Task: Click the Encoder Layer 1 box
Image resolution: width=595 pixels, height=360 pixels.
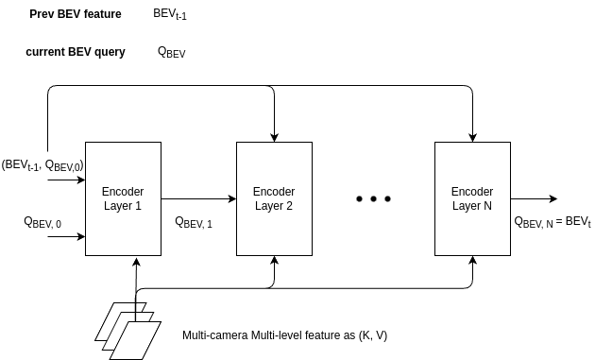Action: (x=123, y=227)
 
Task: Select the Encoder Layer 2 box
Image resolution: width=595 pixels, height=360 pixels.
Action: (x=274, y=227)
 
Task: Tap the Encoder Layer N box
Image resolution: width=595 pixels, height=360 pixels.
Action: (x=472, y=227)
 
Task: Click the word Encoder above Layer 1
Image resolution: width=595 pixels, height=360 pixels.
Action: (x=123, y=192)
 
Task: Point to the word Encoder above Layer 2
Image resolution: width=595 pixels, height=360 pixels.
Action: (x=274, y=192)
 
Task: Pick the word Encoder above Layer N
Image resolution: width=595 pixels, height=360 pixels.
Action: (x=472, y=192)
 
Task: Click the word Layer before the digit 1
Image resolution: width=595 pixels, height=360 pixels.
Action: (x=118, y=206)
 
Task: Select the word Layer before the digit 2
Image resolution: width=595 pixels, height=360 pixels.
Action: (x=269, y=206)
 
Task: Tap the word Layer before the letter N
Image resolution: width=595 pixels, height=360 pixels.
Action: (x=467, y=206)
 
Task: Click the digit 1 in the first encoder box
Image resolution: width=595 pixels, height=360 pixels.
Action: (x=138, y=206)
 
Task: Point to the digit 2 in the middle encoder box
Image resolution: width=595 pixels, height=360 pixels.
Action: (x=289, y=206)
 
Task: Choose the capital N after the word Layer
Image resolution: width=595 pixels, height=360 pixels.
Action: (x=487, y=206)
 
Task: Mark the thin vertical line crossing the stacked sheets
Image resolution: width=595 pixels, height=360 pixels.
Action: (x=136, y=307)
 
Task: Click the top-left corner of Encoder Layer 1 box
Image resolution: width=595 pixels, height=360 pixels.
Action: (x=87, y=144)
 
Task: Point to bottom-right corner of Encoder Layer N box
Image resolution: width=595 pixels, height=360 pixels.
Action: (x=509, y=254)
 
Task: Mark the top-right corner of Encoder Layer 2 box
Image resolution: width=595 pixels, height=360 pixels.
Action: (x=311, y=144)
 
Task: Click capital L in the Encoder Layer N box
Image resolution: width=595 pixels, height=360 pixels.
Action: (x=455, y=206)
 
